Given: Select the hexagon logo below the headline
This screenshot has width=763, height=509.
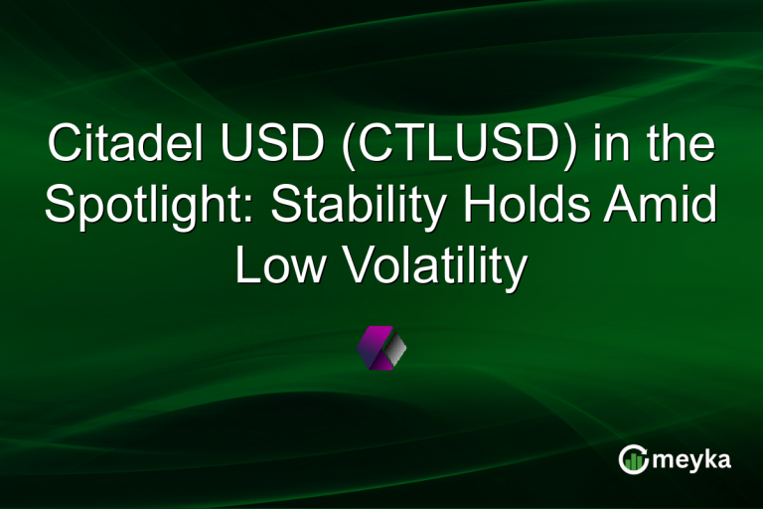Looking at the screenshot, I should (x=381, y=348).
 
